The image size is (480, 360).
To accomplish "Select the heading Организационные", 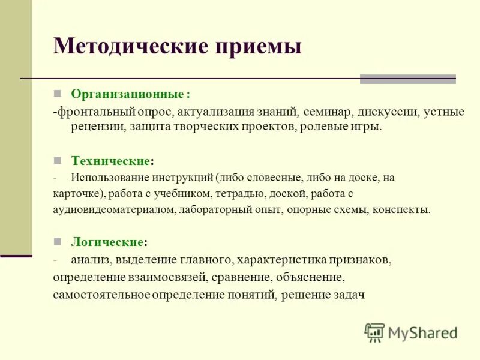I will coord(128,94).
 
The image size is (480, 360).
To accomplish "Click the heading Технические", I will coord(111,161).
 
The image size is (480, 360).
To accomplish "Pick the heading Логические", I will coord(107,242).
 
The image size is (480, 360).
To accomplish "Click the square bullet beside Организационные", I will coord(58,94).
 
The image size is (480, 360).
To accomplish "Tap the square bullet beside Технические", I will coord(58,161).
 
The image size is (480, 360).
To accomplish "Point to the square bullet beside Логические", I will coord(58,242).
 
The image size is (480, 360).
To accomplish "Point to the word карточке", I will coord(77,193).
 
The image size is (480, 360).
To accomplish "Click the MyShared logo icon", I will coord(374,332).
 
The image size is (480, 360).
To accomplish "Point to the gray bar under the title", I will coord(407,79).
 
